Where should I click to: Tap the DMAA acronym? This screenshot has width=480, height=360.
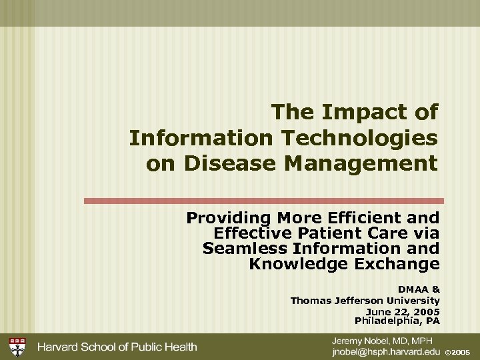point(411,289)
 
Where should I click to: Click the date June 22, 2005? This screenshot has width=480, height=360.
point(403,311)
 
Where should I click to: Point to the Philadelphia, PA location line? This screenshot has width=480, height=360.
point(397,321)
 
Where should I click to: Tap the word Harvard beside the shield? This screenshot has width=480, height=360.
point(59,346)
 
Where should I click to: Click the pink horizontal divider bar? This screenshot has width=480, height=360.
point(263,200)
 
